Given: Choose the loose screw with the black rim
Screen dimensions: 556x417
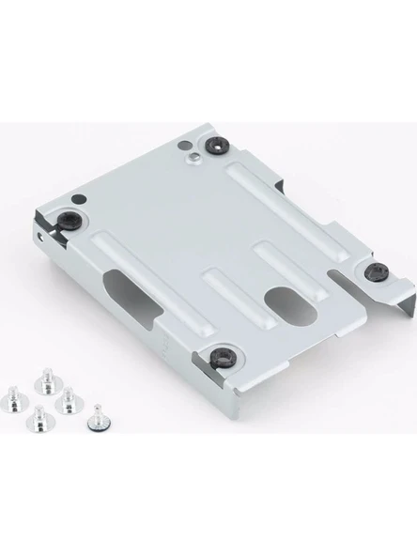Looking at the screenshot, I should tap(95, 420).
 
